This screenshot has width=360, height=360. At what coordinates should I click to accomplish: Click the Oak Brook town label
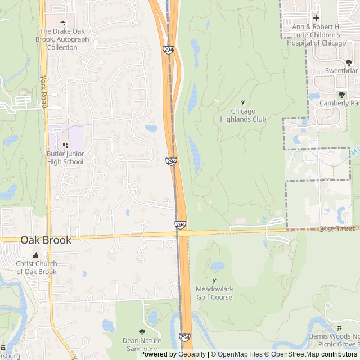coord(46,240)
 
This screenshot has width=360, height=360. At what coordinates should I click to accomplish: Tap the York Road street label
coord(44,92)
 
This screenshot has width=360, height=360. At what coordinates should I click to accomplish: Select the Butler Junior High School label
coord(65,158)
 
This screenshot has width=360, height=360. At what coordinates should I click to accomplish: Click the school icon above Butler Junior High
coord(65,145)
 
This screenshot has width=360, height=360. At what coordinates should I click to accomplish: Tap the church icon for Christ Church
coord(37,255)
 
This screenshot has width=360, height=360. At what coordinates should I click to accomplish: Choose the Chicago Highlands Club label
coord(243,115)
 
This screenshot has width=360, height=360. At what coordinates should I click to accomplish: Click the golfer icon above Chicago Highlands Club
coord(243,102)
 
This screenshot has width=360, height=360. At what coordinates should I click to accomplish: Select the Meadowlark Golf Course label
coord(214,293)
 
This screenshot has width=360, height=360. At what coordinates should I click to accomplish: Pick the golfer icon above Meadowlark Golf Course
coord(214,281)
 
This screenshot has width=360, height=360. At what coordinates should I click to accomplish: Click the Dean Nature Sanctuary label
coord(142,344)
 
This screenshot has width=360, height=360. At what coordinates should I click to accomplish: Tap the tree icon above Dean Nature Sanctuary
coord(142,332)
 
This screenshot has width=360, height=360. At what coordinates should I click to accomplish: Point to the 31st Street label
coord(337,228)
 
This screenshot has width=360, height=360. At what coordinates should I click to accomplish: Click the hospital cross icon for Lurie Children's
coord(316,19)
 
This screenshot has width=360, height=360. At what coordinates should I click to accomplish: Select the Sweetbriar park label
coord(341,71)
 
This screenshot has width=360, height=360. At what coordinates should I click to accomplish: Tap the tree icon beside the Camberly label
coord(341,94)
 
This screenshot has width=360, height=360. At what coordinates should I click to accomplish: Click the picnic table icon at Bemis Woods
coord(339,328)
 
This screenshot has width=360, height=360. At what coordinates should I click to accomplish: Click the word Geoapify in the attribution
coord(191,354)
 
